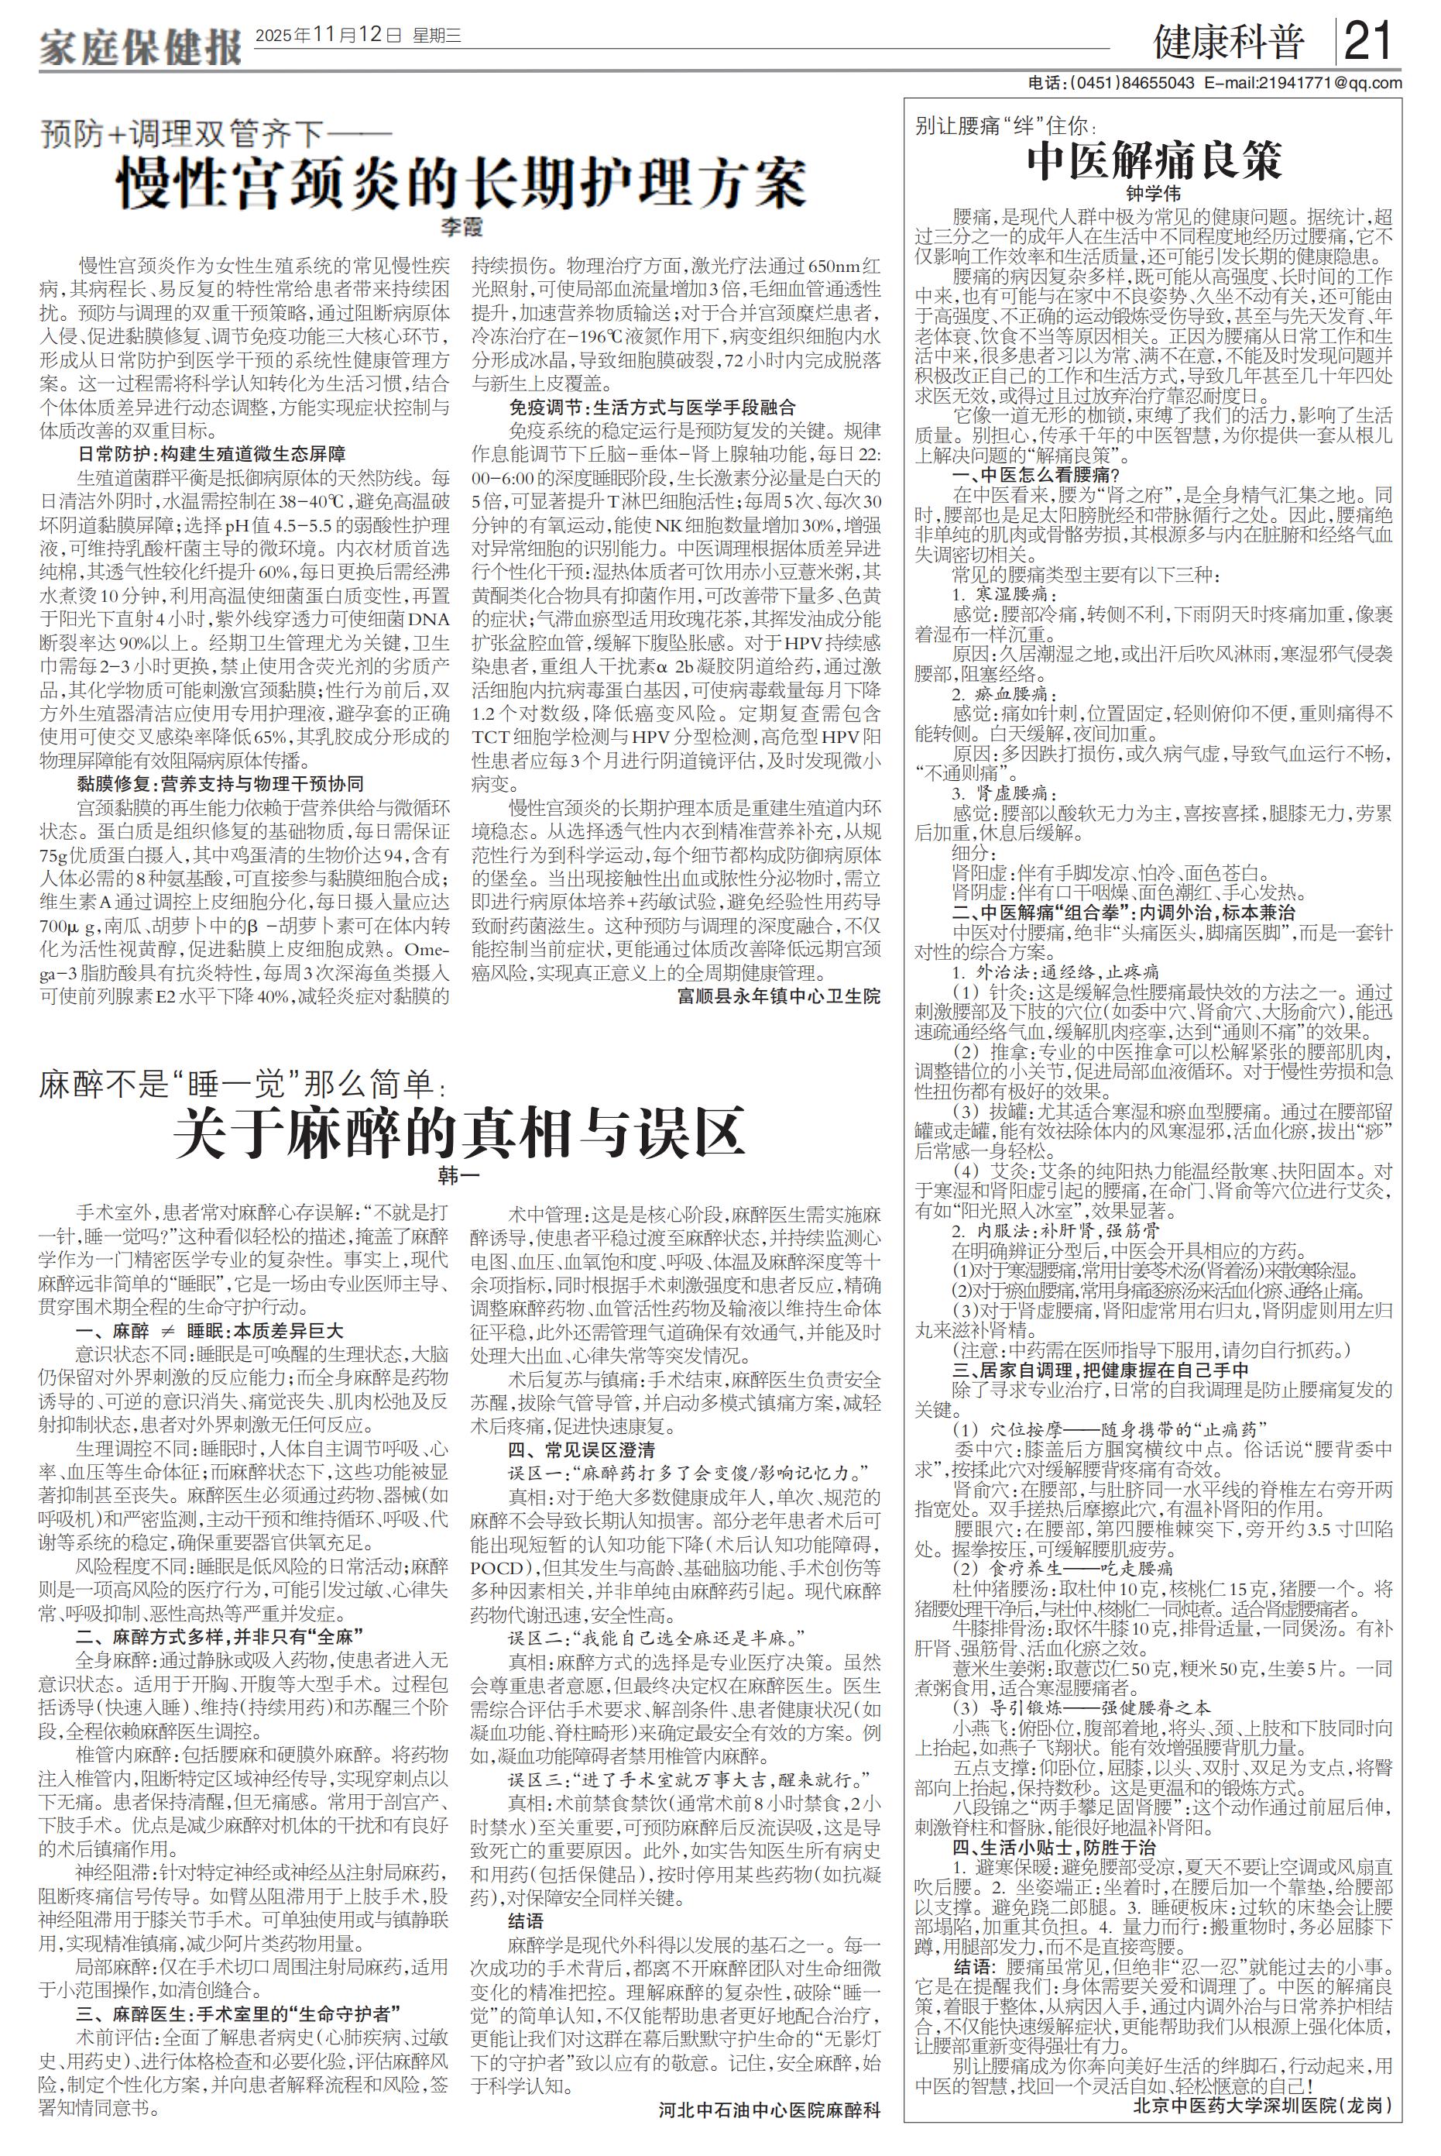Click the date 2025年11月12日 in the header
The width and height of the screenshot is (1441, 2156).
[328, 36]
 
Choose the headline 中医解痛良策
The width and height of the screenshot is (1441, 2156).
[1154, 162]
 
